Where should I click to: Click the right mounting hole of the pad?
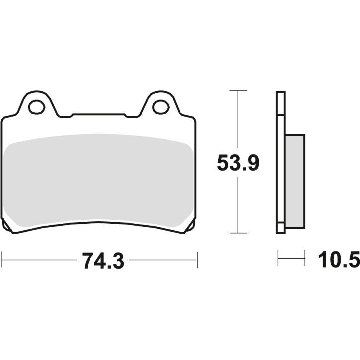click(160, 106)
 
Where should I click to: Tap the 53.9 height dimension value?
click(238, 163)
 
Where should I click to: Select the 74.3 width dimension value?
click(99, 260)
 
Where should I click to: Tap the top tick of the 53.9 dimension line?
click(239, 91)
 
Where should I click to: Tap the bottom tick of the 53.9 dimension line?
click(239, 233)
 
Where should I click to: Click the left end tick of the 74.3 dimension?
click(3, 259)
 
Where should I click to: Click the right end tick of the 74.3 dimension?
click(197, 259)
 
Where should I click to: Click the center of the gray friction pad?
click(99, 179)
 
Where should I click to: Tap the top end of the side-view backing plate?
click(281, 94)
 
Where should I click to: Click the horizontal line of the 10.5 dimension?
click(291, 258)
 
